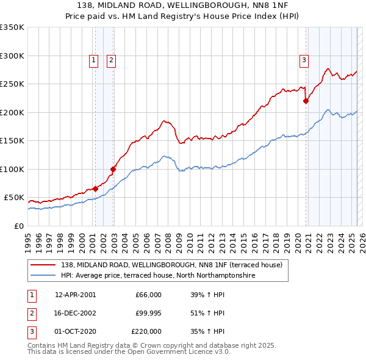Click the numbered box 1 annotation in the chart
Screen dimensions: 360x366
pos(94,60)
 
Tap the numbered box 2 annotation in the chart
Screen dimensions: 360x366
pos(112,60)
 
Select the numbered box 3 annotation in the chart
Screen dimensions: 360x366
pos(303,60)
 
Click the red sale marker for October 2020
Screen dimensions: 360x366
pos(306,101)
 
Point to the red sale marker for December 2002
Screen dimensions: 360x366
pos(113,169)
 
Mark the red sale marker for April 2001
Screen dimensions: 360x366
pos(95,189)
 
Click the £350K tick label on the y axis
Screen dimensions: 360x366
pos(12,27)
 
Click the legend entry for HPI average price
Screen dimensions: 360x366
pos(158,276)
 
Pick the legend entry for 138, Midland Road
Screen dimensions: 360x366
pos(171,265)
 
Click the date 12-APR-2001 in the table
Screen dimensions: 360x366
pos(76,295)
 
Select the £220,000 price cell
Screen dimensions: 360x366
pos(146,331)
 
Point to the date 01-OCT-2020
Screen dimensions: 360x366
pos(76,331)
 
